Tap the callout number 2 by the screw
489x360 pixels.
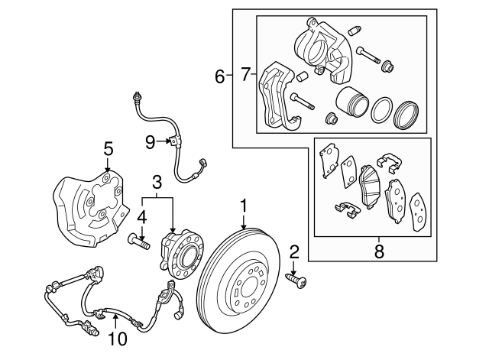coord(294,251)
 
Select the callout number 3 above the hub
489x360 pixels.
coord(157,182)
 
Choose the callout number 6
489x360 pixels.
coord(220,76)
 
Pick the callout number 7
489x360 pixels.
coord(245,75)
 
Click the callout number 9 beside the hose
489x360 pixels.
coord(150,140)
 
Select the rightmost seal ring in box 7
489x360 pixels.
coord(405,115)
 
